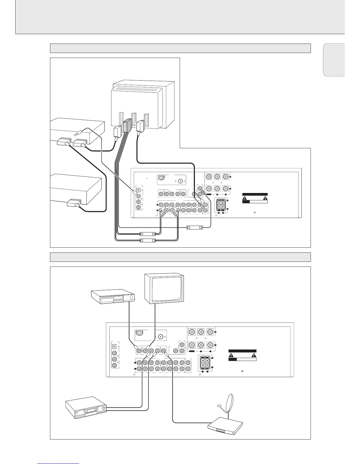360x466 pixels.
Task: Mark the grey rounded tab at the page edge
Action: tap(334, 60)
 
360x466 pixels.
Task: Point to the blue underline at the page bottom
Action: tap(59, 464)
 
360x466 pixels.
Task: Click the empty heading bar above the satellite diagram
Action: tap(180, 257)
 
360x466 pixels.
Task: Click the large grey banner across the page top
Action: tap(180, 17)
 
